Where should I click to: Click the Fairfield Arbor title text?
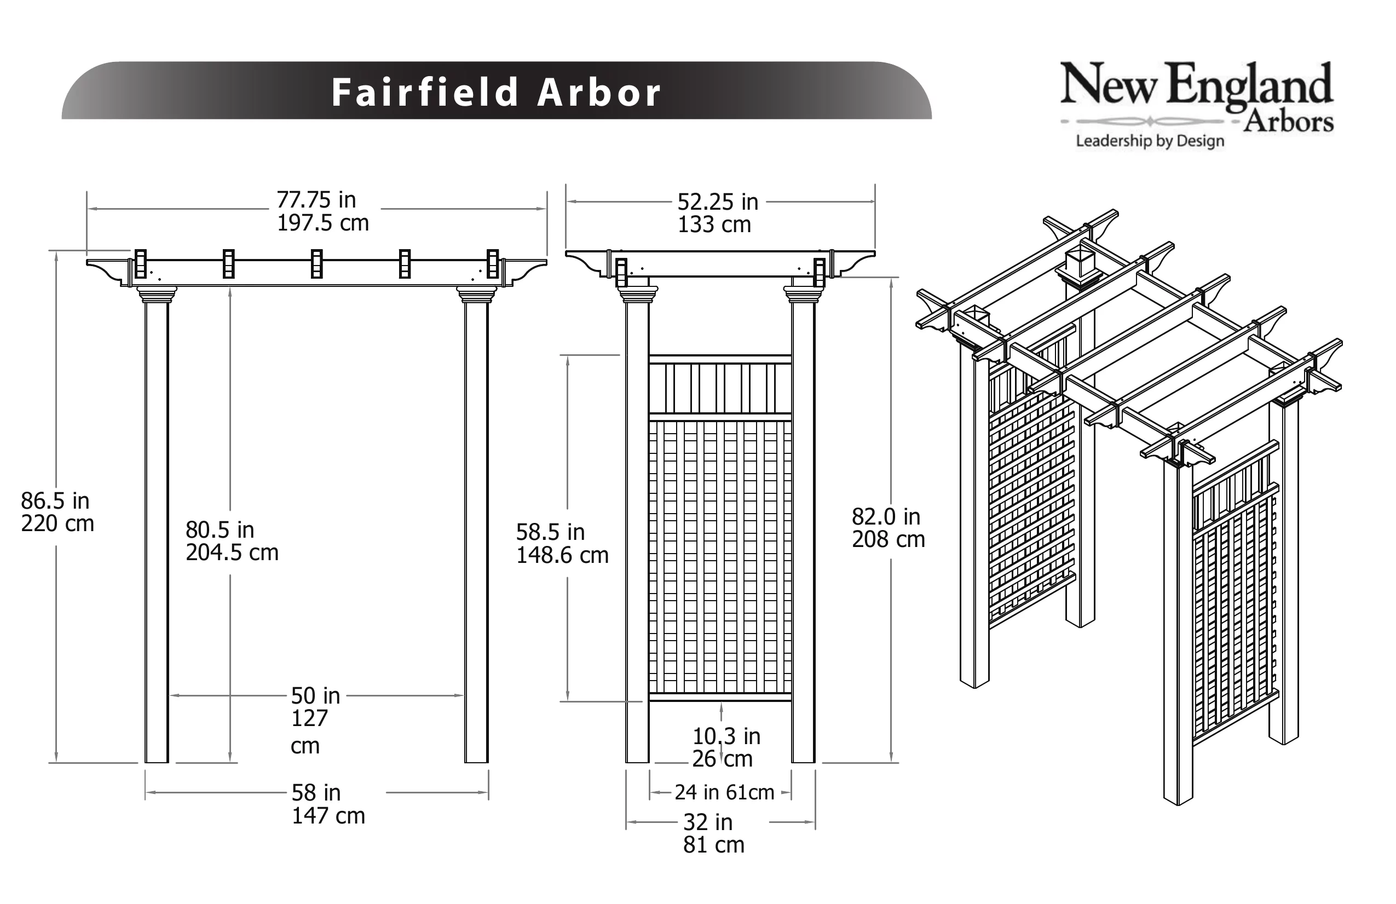click(x=496, y=92)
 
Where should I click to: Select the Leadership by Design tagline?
click(x=1150, y=141)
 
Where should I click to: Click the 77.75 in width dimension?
click(x=316, y=200)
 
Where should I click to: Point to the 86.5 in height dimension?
click(x=55, y=501)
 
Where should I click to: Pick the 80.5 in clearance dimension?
click(x=220, y=529)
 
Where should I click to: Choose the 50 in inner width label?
click(x=315, y=696)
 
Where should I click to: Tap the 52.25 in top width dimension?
click(x=718, y=203)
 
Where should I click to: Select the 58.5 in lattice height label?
click(x=550, y=532)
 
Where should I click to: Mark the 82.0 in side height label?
click(x=886, y=517)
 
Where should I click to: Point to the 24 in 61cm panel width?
click(x=724, y=792)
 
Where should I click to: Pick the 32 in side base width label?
click(x=708, y=822)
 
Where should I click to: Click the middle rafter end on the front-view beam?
click(x=317, y=264)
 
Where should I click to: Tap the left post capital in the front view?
click(x=157, y=295)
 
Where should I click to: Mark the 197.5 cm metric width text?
click(x=322, y=223)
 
